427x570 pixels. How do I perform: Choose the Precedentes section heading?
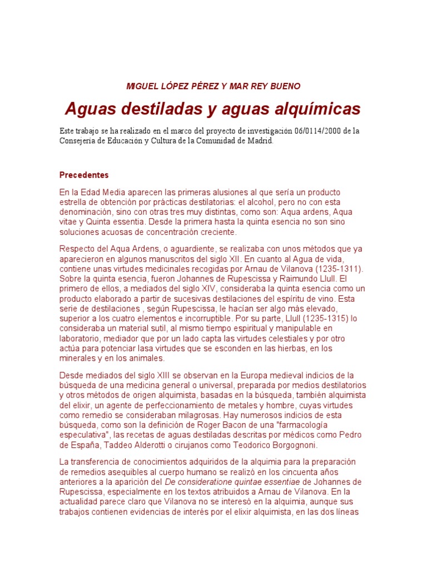[x=84, y=175]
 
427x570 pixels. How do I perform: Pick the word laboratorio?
[x=83, y=339]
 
